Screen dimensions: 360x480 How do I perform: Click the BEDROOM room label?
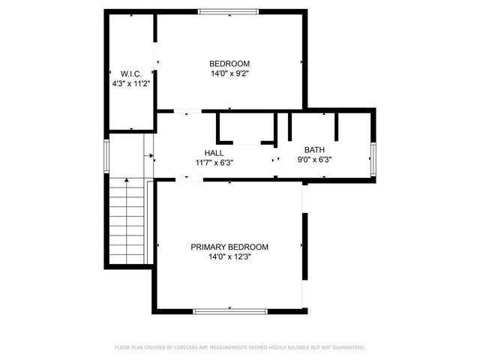click(229, 64)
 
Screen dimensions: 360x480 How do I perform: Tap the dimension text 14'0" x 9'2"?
click(229, 74)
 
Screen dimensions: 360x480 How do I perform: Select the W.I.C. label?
click(131, 73)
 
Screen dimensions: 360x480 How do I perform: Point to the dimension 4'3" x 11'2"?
click(131, 84)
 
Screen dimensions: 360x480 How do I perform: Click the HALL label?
click(214, 152)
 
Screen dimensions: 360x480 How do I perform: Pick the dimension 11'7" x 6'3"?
click(214, 162)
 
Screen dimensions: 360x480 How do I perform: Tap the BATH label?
click(314, 149)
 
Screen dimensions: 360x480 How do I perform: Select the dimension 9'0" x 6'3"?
click(314, 159)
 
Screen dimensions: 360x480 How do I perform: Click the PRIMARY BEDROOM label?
click(229, 247)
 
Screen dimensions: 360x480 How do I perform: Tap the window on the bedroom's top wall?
click(229, 11)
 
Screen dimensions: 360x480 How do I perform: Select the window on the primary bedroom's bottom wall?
click(229, 310)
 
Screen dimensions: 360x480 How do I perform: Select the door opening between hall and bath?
click(276, 158)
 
